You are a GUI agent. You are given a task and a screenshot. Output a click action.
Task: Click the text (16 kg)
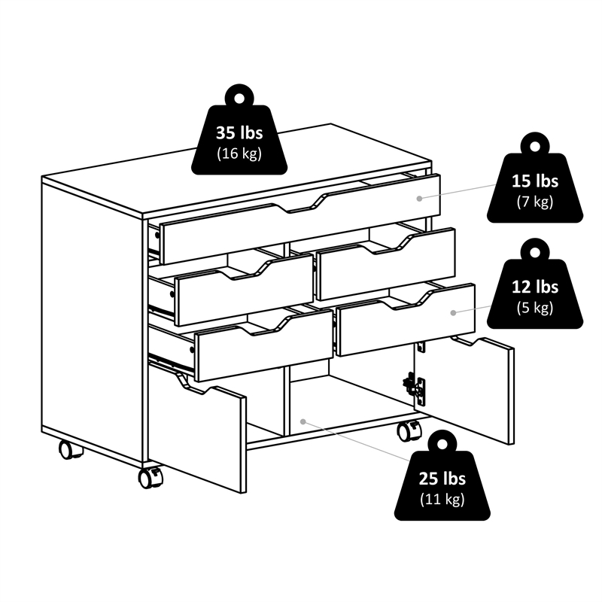pos(239,154)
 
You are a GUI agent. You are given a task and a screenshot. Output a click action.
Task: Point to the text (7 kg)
pos(535,201)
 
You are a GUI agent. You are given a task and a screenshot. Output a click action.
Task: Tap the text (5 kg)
pos(535,307)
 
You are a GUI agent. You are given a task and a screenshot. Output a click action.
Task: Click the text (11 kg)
pos(442,499)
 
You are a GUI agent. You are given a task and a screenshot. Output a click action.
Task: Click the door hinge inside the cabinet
pos(415,388)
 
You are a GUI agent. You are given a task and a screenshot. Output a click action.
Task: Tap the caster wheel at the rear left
pos(69,449)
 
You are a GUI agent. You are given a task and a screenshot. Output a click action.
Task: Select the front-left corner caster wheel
pos(150,478)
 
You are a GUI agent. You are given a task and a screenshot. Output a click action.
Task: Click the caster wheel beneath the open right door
pos(408,430)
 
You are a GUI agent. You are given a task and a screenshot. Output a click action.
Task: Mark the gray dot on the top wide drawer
pos(420,199)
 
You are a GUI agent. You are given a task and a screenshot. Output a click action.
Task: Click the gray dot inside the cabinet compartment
pos(303,421)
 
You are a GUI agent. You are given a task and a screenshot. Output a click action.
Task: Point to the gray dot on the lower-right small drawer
pos(453,313)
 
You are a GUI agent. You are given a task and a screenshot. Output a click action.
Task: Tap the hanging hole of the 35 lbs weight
pos(239,99)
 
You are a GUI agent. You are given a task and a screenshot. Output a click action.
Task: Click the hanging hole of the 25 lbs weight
pos(442,445)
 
